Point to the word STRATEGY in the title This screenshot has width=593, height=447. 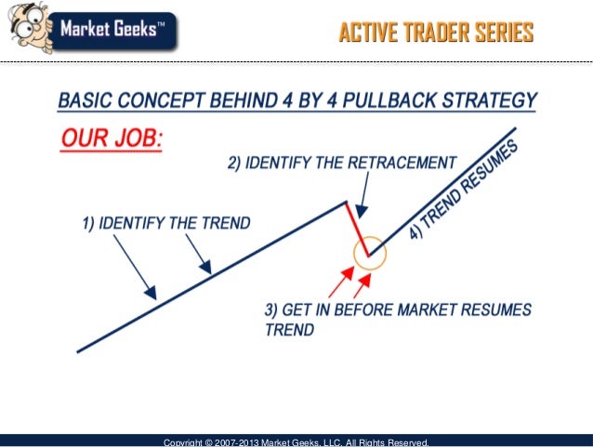[x=490, y=100]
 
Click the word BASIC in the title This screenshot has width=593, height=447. [x=86, y=100]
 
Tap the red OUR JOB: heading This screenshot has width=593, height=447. [x=112, y=138]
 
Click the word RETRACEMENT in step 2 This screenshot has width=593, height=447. [x=402, y=163]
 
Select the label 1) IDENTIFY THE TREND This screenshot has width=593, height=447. [x=166, y=223]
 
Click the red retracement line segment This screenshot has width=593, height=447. [x=358, y=229]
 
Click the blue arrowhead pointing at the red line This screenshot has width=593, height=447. [x=362, y=212]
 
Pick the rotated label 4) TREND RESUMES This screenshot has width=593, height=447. [x=464, y=189]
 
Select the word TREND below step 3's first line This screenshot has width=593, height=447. [x=290, y=330]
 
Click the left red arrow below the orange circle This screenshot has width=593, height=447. [x=341, y=282]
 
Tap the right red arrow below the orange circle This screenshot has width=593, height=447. [x=362, y=286]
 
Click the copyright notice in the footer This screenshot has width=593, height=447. [x=296, y=442]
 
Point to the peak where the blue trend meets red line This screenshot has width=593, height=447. [x=346, y=202]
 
